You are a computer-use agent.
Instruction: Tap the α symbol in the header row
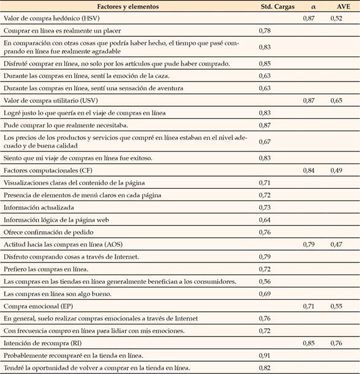pos(313,7)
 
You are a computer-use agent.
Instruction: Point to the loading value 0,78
pos(265,30)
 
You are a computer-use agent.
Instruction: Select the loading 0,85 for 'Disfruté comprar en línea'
pos(265,64)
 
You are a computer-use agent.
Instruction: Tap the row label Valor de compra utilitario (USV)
pos(44,99)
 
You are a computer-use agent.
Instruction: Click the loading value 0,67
pos(265,142)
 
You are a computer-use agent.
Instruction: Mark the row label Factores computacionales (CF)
pos(42,170)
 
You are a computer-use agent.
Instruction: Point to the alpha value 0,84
pos(308,170)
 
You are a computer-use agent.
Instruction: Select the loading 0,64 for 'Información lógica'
pos(265,220)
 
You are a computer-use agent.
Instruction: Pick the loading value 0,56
pos(265,281)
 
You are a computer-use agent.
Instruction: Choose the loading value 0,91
pos(265,355)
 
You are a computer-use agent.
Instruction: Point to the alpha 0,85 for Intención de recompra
pos(308,343)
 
